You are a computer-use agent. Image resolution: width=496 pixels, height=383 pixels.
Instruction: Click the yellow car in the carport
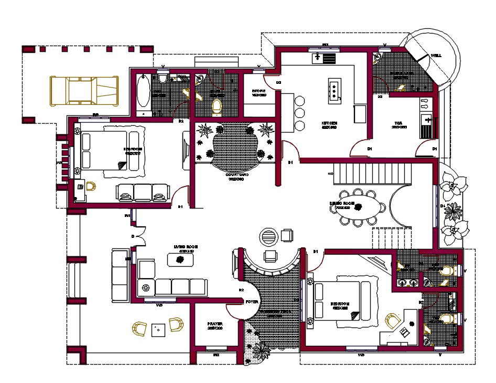(x=84, y=90)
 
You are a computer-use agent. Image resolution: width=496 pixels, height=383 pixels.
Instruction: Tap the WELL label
(x=436, y=55)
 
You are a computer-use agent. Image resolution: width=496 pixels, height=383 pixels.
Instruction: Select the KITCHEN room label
(x=329, y=124)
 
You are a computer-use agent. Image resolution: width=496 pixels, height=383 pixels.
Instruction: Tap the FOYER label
(x=252, y=302)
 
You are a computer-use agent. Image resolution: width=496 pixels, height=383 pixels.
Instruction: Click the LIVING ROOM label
(x=186, y=246)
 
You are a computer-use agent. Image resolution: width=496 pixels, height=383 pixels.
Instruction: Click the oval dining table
(x=359, y=206)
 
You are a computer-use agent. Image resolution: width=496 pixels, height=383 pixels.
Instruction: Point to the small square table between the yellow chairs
(x=157, y=330)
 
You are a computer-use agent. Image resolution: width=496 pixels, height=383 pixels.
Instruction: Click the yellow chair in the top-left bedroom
(x=91, y=187)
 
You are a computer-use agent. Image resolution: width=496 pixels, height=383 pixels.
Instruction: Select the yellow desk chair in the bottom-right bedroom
(x=392, y=320)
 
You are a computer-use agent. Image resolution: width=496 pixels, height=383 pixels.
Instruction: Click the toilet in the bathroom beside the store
(x=217, y=107)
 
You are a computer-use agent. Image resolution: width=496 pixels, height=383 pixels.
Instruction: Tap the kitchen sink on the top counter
(x=324, y=57)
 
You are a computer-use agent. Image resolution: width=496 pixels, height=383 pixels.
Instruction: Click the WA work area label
(x=398, y=125)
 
